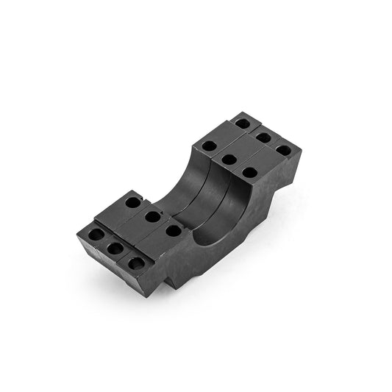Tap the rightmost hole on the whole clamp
click(x=283, y=150)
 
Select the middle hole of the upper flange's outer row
click(x=263, y=138)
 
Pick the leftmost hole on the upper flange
click(x=209, y=146)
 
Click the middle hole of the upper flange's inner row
click(x=229, y=159)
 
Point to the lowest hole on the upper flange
click(x=249, y=173)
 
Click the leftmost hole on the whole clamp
click(x=96, y=235)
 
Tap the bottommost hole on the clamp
click(x=135, y=263)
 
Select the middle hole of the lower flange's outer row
click(x=115, y=249)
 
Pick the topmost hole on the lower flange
click(x=132, y=202)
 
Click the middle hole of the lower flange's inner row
click(x=153, y=216)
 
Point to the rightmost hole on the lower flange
click(x=174, y=230)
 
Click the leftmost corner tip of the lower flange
click(x=76, y=235)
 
